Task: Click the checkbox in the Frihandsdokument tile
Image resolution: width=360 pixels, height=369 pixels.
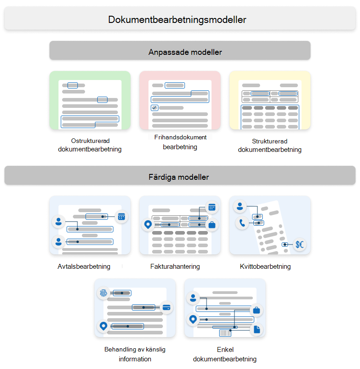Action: pyautogui.click(x=154, y=108)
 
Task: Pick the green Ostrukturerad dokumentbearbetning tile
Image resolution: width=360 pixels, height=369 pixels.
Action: pyautogui.click(x=90, y=100)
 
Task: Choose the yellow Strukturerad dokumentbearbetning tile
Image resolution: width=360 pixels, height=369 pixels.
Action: pyautogui.click(x=270, y=100)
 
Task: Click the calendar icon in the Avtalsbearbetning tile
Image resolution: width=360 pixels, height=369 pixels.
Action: pyautogui.click(x=121, y=217)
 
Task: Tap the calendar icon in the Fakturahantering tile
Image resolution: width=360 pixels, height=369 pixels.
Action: pyautogui.click(x=212, y=207)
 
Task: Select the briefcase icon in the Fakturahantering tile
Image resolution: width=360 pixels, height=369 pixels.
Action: pyautogui.click(x=212, y=224)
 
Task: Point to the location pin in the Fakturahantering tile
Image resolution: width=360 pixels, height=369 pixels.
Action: pyautogui.click(x=148, y=224)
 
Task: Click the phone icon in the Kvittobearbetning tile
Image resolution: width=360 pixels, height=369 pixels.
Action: pyautogui.click(x=242, y=222)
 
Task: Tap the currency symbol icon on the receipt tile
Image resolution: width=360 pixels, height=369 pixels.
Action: pyautogui.click(x=299, y=245)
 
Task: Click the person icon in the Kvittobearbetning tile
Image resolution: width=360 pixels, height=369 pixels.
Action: pyautogui.click(x=240, y=206)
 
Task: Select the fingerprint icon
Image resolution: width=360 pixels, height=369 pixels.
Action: pyautogui.click(x=103, y=293)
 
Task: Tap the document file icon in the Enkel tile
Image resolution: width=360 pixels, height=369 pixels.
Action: pyautogui.click(x=256, y=329)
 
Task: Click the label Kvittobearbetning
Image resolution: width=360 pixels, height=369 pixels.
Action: pyautogui.click(x=265, y=267)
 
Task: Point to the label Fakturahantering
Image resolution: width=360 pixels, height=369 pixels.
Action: pyautogui.click(x=175, y=267)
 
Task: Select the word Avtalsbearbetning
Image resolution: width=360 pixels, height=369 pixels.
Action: pyautogui.click(x=84, y=267)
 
